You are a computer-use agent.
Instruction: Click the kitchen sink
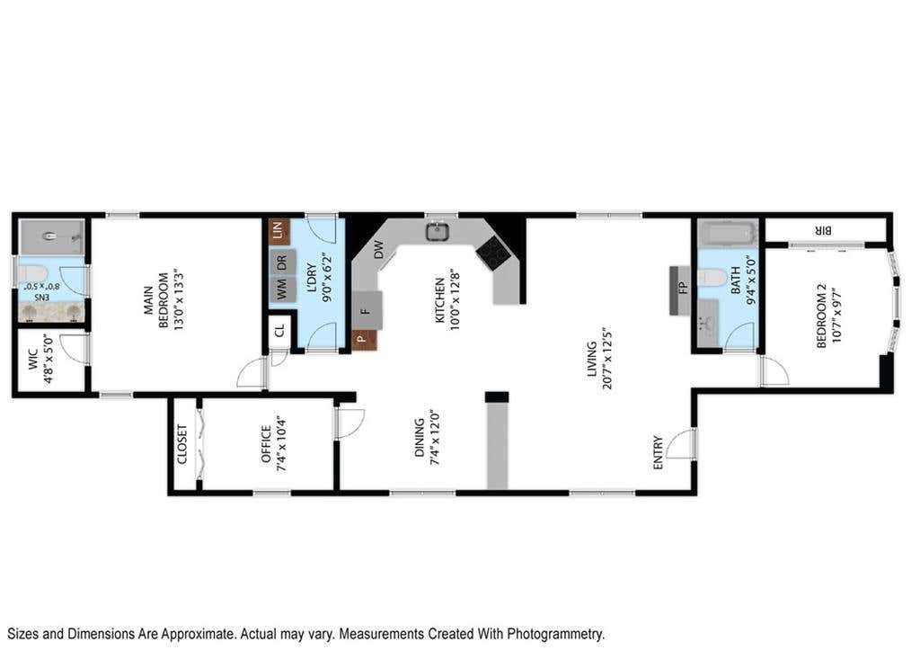(438, 231)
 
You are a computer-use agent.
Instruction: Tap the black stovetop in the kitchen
(492, 253)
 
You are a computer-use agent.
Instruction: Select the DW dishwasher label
(379, 250)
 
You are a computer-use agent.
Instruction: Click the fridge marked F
(367, 310)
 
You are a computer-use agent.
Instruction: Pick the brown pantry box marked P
(364, 340)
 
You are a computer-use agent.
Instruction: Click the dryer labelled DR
(282, 262)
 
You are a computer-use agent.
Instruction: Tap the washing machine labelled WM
(282, 289)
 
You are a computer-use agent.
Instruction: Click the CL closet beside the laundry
(280, 331)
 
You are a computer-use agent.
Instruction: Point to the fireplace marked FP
(681, 290)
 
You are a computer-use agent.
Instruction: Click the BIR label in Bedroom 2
(823, 231)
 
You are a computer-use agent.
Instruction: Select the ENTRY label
(658, 452)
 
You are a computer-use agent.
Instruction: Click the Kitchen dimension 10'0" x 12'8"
(454, 300)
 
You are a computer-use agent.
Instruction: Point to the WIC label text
(33, 360)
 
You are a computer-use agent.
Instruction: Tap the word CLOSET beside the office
(181, 444)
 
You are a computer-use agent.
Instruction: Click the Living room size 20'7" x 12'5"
(606, 359)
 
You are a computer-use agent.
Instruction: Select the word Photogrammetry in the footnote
(555, 634)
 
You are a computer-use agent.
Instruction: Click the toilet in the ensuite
(32, 273)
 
